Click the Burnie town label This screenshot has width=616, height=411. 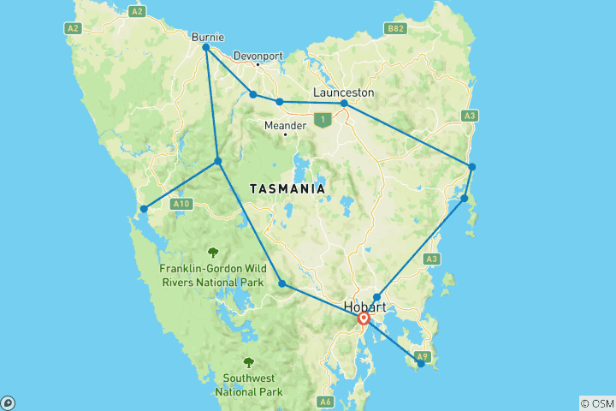tap(209, 37)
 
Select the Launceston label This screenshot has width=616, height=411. tap(343, 92)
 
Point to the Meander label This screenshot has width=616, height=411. tap(285, 125)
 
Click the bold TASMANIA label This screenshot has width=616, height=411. tap(287, 188)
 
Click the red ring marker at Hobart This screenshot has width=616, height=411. tap(364, 319)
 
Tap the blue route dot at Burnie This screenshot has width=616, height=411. tap(206, 48)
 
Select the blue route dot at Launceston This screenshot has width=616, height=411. tap(344, 104)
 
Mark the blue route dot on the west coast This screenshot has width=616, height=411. tap(144, 208)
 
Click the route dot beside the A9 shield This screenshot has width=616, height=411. tap(420, 364)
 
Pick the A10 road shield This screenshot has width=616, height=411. tap(180, 204)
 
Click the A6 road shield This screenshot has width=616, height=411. tap(325, 401)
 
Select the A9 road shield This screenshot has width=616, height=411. tap(421, 355)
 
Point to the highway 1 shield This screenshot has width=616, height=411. tap(322, 120)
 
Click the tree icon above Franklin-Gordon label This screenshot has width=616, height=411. tap(212, 252)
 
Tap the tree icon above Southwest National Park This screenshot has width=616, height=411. tap(248, 362)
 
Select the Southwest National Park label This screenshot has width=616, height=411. tap(248, 384)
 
